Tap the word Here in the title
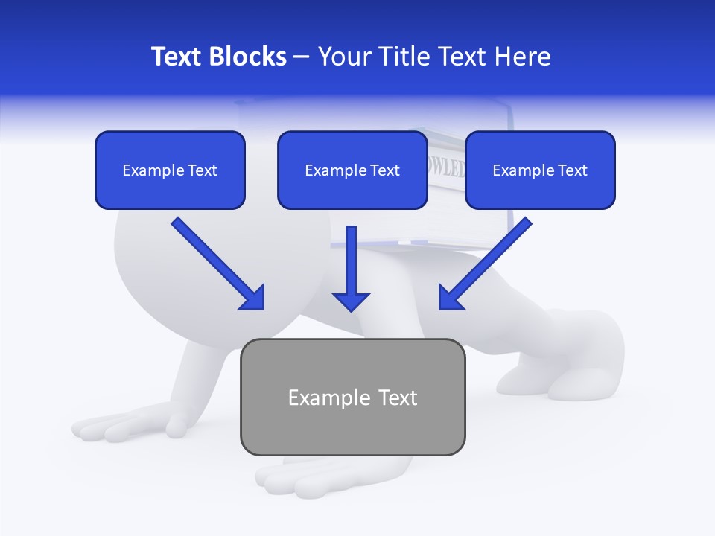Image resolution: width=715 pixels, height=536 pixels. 524,57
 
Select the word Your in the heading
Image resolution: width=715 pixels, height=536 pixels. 343,57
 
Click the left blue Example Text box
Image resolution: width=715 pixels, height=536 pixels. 170,170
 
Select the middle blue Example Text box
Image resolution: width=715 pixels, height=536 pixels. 352,170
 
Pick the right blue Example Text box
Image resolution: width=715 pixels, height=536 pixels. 540,170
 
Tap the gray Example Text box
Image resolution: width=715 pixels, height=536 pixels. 352,397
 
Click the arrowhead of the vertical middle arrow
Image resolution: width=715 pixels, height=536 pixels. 351,301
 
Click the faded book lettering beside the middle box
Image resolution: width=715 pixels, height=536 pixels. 445,167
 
